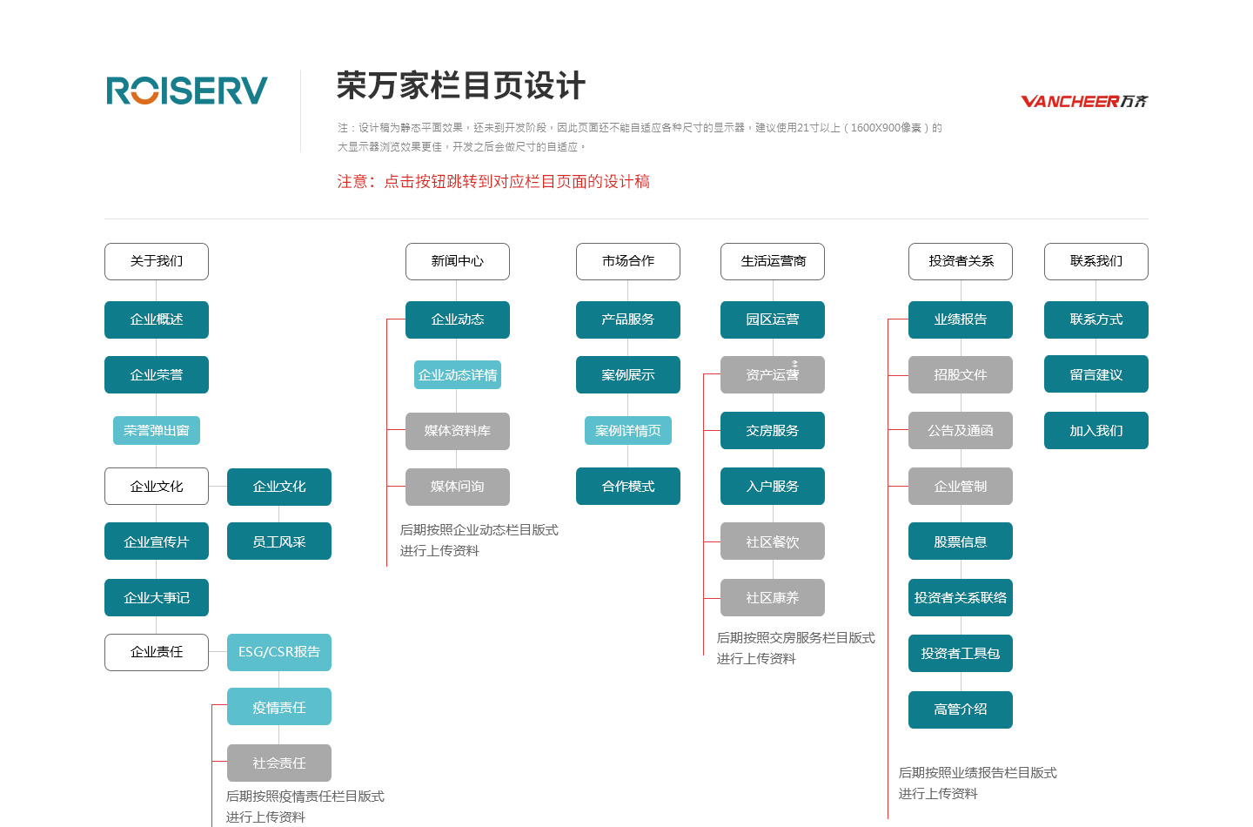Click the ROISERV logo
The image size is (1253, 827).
[187, 90]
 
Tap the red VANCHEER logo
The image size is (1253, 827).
[1084, 101]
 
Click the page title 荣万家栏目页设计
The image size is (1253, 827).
[461, 85]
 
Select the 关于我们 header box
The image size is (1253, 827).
[157, 261]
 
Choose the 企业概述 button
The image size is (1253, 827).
[157, 319]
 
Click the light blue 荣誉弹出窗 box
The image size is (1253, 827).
[157, 430]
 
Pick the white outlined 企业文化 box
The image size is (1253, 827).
[157, 487]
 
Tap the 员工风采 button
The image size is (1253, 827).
[279, 541]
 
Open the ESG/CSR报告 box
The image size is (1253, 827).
[279, 652]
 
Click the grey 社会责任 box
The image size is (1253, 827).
[279, 763]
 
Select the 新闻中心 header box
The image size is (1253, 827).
[458, 261]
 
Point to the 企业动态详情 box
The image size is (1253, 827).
[458, 374]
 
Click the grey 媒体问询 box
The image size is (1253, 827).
[458, 487]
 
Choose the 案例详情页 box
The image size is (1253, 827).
[628, 430]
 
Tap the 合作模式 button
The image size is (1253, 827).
[628, 487]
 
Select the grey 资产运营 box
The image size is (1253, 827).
[773, 374]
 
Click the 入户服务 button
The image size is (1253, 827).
[773, 487]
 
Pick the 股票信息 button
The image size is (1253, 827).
[961, 541]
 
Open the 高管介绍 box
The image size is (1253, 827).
[961, 709]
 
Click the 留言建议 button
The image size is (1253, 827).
[1096, 374]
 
